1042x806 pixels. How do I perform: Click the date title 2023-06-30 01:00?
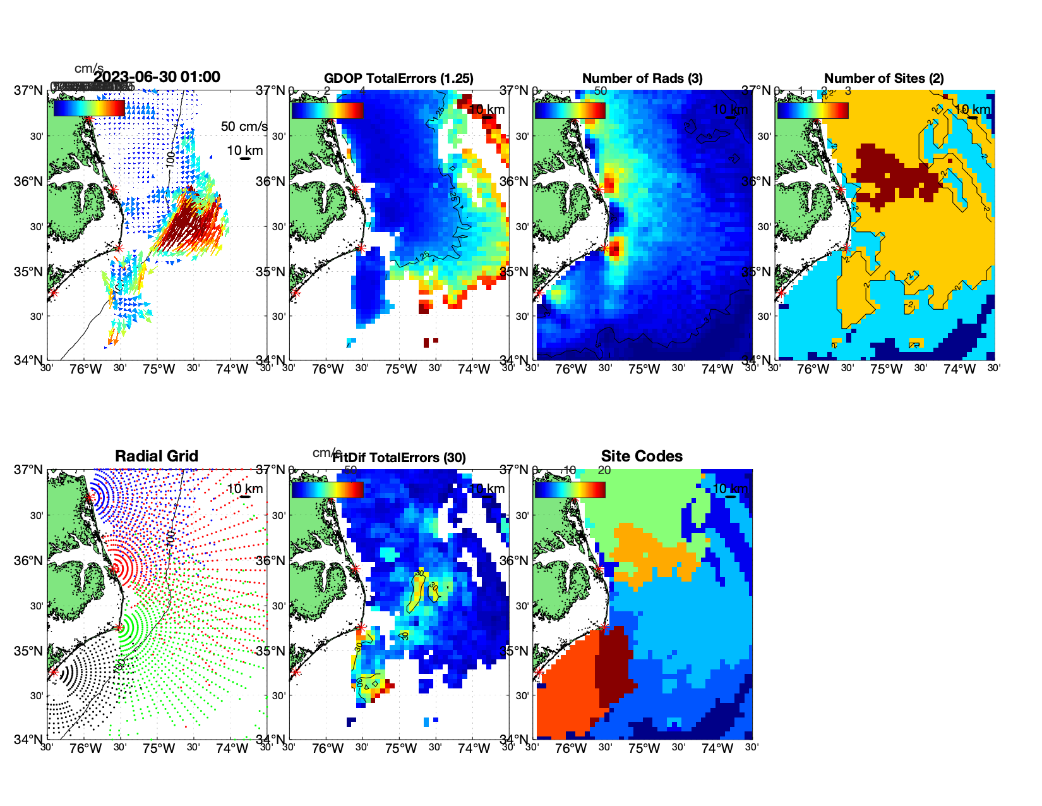pyautogui.click(x=157, y=77)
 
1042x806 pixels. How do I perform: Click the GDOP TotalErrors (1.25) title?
pyautogui.click(x=398, y=78)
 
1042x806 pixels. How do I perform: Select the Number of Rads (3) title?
pyautogui.click(x=642, y=78)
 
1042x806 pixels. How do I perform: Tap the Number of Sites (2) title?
pyautogui.click(x=884, y=78)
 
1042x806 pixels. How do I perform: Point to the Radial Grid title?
pyautogui.click(x=157, y=456)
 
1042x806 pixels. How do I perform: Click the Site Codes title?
pyautogui.click(x=642, y=456)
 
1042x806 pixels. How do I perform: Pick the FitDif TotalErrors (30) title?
pyautogui.click(x=399, y=458)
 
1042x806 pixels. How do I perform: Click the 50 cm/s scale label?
pyautogui.click(x=244, y=126)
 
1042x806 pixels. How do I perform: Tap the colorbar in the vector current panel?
pyautogui.click(x=89, y=108)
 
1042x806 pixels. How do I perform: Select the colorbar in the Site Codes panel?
pyautogui.click(x=570, y=490)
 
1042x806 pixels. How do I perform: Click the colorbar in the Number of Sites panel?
pyautogui.click(x=813, y=110)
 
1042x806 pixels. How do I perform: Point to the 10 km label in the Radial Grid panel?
pyautogui.click(x=244, y=489)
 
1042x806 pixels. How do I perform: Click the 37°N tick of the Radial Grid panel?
pyautogui.click(x=28, y=470)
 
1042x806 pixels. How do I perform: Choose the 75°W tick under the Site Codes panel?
pyautogui.click(x=644, y=749)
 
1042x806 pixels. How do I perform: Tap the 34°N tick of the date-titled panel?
pyautogui.click(x=28, y=360)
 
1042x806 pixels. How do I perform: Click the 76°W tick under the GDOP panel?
pyautogui.click(x=328, y=369)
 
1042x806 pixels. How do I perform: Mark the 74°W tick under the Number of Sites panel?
pyautogui.click(x=959, y=369)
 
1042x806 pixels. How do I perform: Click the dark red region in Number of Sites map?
pyautogui.click(x=884, y=171)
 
